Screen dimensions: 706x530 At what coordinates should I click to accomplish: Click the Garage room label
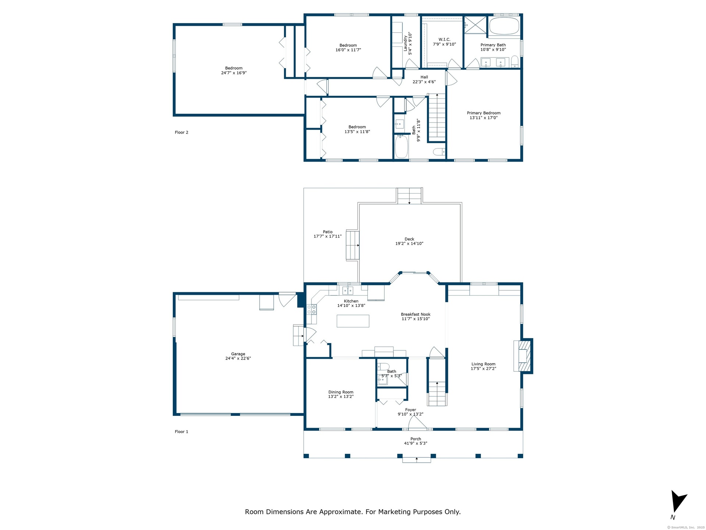pyautogui.click(x=238, y=354)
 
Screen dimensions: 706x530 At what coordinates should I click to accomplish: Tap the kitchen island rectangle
pyautogui.click(x=353, y=321)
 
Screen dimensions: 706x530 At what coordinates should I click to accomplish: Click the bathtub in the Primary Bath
pyautogui.click(x=504, y=26)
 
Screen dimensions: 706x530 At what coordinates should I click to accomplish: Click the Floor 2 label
pyautogui.click(x=181, y=132)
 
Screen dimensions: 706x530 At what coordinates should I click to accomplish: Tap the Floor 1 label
pyautogui.click(x=181, y=432)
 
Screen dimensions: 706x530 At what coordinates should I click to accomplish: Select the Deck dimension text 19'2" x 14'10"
pyautogui.click(x=409, y=244)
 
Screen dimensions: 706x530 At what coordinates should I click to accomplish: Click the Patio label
pyautogui.click(x=328, y=232)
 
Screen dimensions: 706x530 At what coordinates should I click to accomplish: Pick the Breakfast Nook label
pyautogui.click(x=416, y=314)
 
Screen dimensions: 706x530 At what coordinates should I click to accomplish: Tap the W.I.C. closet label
pyautogui.click(x=444, y=40)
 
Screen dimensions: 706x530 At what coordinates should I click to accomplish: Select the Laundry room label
pyautogui.click(x=406, y=43)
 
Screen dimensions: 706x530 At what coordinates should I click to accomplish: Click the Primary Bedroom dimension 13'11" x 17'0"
pyautogui.click(x=484, y=118)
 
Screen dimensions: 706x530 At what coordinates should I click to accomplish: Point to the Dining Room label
pyautogui.click(x=341, y=392)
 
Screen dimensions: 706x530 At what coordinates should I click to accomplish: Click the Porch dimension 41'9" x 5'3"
pyautogui.click(x=416, y=444)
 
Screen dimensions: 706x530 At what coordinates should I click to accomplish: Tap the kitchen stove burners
pyautogui.click(x=311, y=309)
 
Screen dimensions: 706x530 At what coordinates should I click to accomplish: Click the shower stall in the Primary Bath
pyautogui.click(x=475, y=25)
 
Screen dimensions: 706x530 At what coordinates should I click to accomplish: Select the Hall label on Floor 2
pyautogui.click(x=424, y=77)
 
